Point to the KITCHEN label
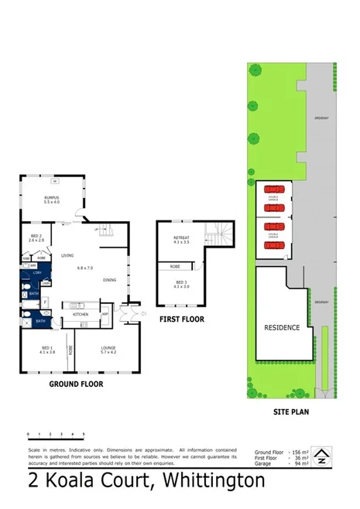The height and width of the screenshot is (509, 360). coord(81,315)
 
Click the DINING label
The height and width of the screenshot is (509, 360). coord(109,280)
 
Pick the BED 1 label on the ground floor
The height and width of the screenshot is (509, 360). coord(46,350)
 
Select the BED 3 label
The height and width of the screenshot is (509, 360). coord(180,282)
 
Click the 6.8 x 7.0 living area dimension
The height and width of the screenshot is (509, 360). coord(84,268)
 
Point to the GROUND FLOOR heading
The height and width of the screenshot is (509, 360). coord(76,384)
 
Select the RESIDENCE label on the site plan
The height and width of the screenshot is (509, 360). coord(283,327)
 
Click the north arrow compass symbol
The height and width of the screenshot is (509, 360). coord(321,458)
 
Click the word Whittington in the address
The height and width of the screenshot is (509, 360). coord(211,481)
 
